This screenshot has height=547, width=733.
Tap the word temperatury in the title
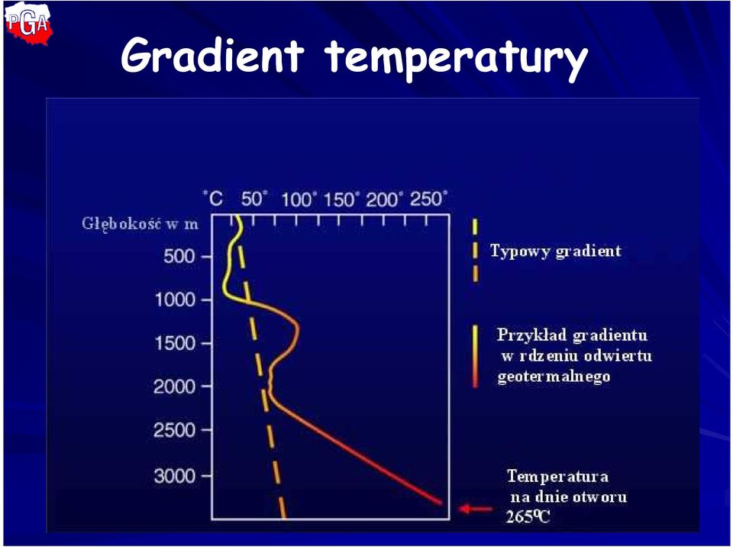tap(457, 59)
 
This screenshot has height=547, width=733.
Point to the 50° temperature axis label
tap(254, 199)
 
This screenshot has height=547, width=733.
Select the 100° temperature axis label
tap(299, 200)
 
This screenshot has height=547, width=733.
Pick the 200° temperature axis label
tap(384, 200)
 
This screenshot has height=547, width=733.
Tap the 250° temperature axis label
tap(428, 199)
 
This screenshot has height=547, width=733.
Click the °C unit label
tap(213, 199)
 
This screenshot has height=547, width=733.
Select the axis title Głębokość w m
tap(140, 224)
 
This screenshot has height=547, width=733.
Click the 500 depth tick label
tap(179, 257)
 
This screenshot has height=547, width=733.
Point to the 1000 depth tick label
tap(175, 300)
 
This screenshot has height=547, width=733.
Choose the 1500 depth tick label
tap(175, 344)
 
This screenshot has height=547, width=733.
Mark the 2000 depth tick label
tap(174, 387)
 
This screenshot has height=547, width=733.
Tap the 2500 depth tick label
tap(174, 430)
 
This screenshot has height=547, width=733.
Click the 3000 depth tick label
tap(174, 476)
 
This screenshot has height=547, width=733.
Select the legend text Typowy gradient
tap(556, 252)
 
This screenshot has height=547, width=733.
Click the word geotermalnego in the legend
tap(554, 377)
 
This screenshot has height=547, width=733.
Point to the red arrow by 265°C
tap(476, 509)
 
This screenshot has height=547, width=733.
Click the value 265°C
tap(528, 516)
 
